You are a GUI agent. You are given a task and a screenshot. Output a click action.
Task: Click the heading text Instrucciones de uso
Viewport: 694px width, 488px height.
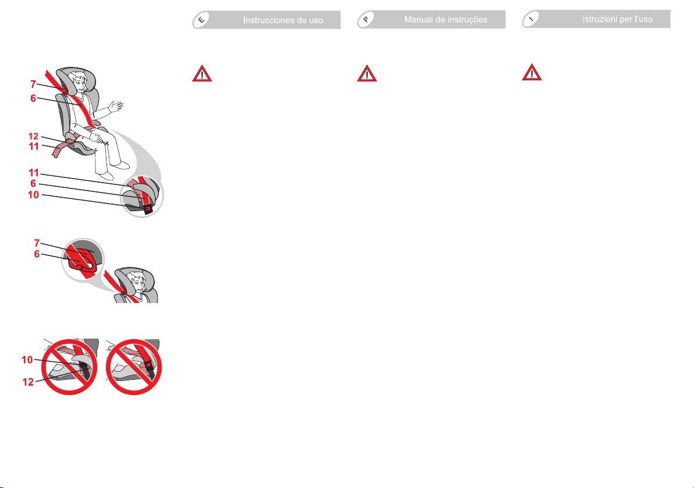click(283, 20)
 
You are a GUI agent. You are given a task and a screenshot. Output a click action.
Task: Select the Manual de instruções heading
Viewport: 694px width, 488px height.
click(446, 20)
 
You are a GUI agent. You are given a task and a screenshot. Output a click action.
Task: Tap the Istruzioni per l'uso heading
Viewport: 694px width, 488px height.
click(617, 19)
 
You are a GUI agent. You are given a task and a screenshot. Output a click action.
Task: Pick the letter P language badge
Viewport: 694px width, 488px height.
click(366, 20)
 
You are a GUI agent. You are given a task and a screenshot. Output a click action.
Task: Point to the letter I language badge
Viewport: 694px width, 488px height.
click(531, 19)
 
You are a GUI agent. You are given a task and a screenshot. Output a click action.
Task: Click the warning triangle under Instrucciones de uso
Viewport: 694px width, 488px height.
click(202, 73)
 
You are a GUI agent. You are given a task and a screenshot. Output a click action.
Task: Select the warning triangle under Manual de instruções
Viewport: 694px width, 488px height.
click(367, 73)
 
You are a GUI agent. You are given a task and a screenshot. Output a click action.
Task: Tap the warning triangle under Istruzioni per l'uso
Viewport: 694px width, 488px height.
click(532, 73)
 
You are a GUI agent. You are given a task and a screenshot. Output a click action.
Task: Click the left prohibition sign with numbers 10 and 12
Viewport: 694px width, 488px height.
click(69, 367)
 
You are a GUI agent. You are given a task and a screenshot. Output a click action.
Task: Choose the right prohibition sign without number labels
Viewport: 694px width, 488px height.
click(134, 367)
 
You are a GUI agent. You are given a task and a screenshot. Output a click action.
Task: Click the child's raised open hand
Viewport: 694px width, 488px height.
click(116, 106)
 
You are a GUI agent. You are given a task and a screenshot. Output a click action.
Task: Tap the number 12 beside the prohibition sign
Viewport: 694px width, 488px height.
click(28, 382)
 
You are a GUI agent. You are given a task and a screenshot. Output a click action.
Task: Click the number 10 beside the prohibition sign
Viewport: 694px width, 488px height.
click(27, 359)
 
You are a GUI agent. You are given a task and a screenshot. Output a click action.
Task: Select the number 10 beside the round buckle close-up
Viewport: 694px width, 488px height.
click(33, 195)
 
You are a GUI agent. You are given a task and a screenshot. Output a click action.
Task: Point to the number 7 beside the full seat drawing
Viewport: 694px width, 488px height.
click(33, 84)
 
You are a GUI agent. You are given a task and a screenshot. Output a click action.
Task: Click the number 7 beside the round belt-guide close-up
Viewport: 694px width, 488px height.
click(37, 243)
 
